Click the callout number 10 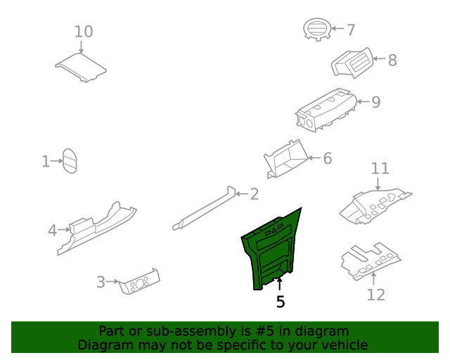(84, 32)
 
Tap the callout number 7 (351, 30)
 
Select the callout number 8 (392, 60)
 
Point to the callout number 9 (376, 102)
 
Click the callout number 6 (328, 158)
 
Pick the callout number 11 (380, 169)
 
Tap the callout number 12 (376, 295)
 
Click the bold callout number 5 (281, 302)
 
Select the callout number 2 (255, 194)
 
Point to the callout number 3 (101, 282)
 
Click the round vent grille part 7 (317, 30)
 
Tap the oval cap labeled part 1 (70, 161)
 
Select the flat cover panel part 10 (81, 67)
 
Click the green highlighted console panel (271, 249)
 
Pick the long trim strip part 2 (204, 208)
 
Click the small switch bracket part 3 (139, 282)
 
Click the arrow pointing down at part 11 (378, 184)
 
